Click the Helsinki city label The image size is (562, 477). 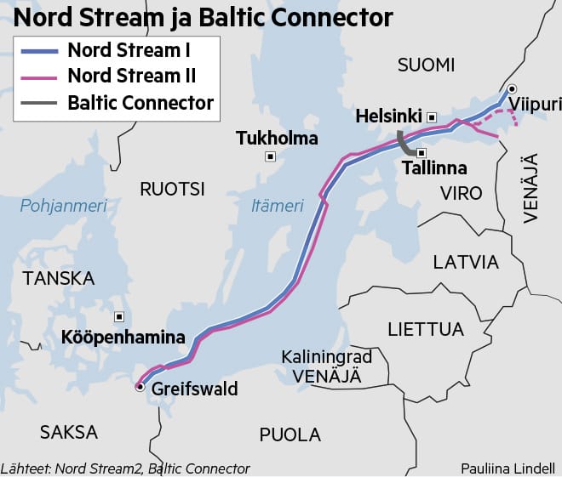[390, 116]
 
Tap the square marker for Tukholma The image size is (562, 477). [271, 156]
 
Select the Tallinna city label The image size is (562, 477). [434, 168]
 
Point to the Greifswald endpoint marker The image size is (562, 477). [140, 387]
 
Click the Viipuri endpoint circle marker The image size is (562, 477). [511, 88]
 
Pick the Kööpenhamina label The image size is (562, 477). [123, 338]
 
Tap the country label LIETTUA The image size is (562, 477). [425, 329]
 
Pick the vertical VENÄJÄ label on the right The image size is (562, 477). [530, 188]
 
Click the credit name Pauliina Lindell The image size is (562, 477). [508, 468]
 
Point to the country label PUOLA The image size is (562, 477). [290, 434]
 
